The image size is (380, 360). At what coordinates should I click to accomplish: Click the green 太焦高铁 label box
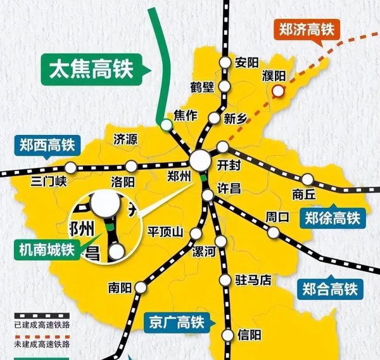coord(94,70)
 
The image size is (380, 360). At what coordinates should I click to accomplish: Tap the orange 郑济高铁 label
coord(307,29)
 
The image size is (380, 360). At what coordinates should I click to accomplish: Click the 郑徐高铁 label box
coord(331,218)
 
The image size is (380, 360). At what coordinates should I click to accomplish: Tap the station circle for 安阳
coord(225,62)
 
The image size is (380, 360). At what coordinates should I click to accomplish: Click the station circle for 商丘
coord(308,179)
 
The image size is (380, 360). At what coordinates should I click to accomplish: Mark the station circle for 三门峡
coord(72,168)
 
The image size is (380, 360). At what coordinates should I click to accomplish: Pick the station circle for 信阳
coord(228,335)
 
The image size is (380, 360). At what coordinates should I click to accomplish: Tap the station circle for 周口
coord(273,233)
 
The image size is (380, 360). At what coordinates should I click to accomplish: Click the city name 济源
coord(125,139)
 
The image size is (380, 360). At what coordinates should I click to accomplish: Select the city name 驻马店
coord(253,279)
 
